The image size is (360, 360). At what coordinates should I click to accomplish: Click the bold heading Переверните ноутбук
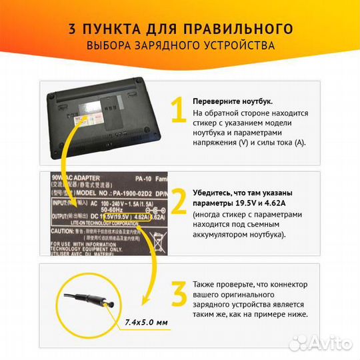pos(233,101)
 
